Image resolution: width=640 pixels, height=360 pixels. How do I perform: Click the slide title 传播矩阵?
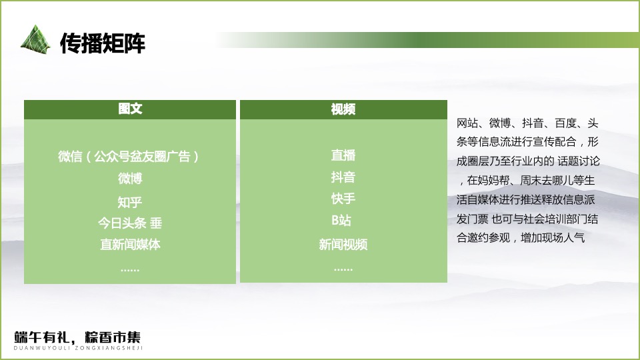pyautogui.click(x=103, y=43)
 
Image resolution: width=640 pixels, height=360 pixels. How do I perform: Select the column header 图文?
pyautogui.click(x=130, y=109)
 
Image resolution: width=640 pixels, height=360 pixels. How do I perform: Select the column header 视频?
pyautogui.click(x=343, y=109)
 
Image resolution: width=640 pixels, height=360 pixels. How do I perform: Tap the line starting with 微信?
pyautogui.click(x=130, y=157)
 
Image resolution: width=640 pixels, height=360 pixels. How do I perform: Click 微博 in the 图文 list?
pyautogui.click(x=130, y=179)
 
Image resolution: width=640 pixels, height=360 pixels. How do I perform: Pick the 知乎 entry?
pyautogui.click(x=130, y=202)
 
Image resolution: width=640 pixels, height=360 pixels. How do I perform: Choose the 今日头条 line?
pyautogui.click(x=130, y=223)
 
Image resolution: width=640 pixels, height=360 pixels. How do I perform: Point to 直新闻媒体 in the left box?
pyautogui.click(x=130, y=245)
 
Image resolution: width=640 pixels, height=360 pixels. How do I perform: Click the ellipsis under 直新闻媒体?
pyautogui.click(x=130, y=269)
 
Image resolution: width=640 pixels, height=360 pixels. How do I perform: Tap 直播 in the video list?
pyautogui.click(x=343, y=155)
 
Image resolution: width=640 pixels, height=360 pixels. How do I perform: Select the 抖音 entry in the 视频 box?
pyautogui.click(x=343, y=177)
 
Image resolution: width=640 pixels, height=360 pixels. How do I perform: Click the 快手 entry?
pyautogui.click(x=343, y=199)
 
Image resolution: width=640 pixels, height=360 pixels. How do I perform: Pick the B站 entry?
pyautogui.click(x=343, y=221)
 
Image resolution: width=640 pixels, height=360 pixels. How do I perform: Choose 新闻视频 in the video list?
pyautogui.click(x=343, y=245)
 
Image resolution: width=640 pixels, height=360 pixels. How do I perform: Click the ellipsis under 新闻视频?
pyautogui.click(x=343, y=269)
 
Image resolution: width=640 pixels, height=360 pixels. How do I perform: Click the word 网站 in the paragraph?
pyautogui.click(x=467, y=123)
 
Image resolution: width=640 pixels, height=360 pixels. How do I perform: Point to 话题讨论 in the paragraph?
pyautogui.click(x=579, y=161)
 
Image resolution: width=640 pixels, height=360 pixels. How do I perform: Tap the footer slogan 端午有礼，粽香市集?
pyautogui.click(x=78, y=337)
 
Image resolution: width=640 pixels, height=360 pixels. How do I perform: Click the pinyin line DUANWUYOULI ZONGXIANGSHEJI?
pyautogui.click(x=78, y=348)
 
